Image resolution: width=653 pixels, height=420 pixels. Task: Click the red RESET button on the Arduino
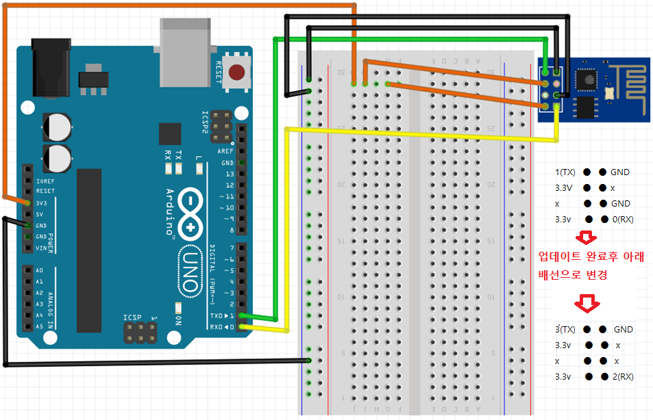point(237,72)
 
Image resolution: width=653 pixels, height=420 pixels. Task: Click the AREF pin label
point(225,151)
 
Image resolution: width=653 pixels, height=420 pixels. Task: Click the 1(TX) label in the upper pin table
point(566,172)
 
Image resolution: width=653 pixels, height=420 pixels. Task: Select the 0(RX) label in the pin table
point(623,220)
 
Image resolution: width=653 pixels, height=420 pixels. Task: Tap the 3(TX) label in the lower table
point(566,330)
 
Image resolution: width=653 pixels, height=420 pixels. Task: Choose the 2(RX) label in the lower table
point(623,377)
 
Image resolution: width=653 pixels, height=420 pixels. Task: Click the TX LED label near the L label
point(178,155)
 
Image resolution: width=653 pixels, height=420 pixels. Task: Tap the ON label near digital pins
point(179,320)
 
